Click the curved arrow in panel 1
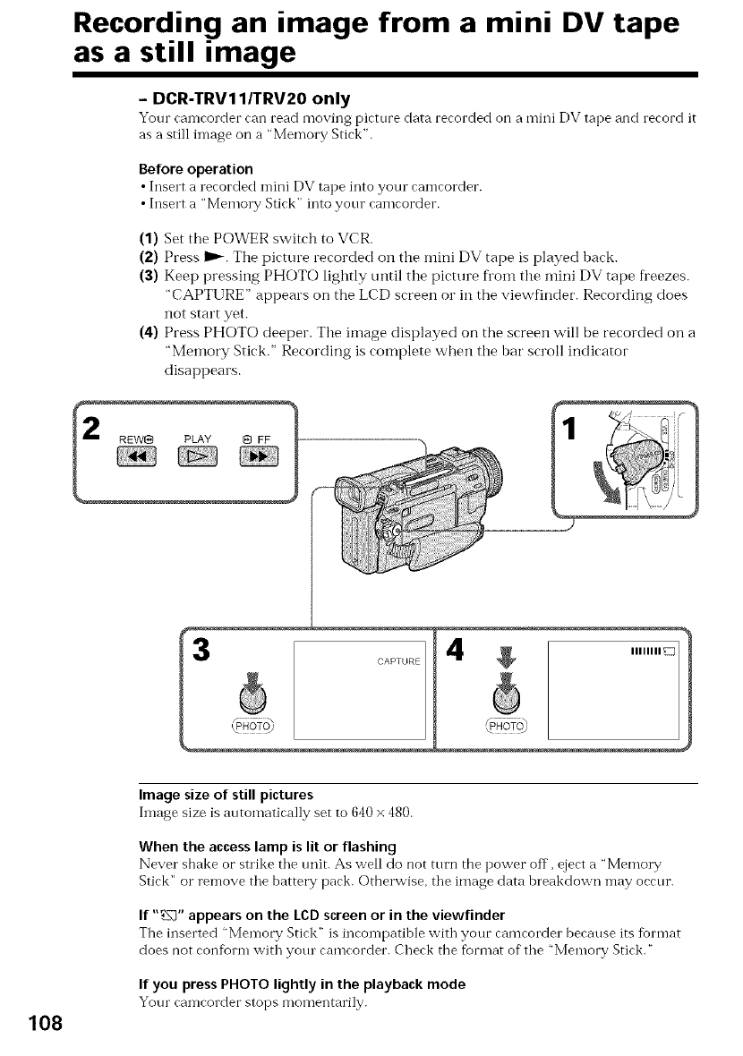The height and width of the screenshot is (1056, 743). (613, 484)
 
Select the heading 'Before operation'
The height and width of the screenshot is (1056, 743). (196, 168)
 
